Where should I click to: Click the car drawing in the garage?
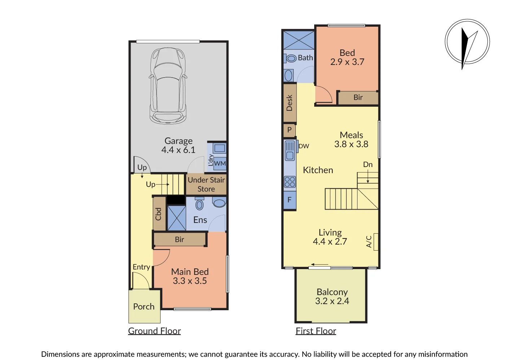168,86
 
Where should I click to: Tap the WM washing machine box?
220,163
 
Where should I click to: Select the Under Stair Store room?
206,184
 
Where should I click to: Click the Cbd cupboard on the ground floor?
159,214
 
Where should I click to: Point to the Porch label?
144,307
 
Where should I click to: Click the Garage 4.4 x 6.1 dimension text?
178,150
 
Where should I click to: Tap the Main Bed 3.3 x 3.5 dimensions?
190,281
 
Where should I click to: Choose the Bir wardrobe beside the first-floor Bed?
358,97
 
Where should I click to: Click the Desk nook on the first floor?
290,103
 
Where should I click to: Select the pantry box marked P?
290,130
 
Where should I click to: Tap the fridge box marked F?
290,200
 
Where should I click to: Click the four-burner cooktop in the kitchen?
290,182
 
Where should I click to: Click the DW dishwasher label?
304,146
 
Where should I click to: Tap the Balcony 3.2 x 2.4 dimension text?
332,301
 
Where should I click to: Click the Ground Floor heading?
154,331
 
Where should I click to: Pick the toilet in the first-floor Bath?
290,58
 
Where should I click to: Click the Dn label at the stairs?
368,164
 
